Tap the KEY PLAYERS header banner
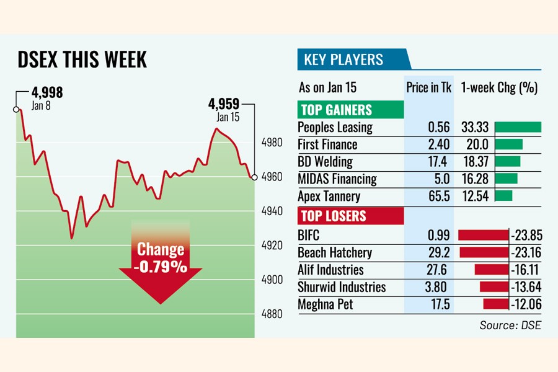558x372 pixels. [x=343, y=60]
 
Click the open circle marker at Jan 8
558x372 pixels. [x=16, y=109]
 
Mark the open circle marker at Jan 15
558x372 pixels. [x=254, y=177]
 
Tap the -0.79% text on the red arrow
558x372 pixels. [x=161, y=268]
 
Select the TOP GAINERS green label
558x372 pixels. [x=335, y=110]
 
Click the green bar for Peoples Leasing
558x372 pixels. [x=518, y=127]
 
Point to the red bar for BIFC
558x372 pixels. [x=483, y=235]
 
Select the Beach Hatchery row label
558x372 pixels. [x=335, y=252]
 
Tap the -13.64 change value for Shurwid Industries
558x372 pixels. [x=525, y=287]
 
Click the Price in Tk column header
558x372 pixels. [x=429, y=87]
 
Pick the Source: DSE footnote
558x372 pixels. [x=510, y=325]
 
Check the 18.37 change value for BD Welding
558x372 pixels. [x=476, y=162]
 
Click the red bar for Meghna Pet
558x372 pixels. [x=495, y=304]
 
